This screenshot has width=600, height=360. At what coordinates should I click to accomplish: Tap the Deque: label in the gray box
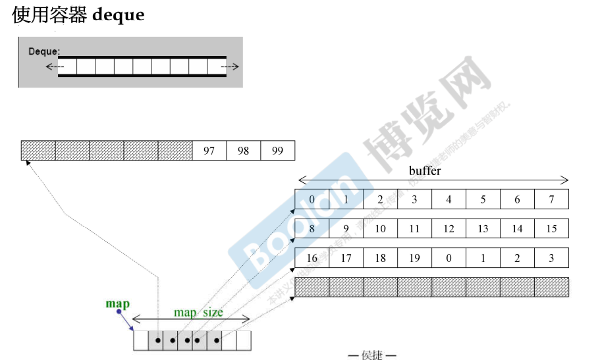[44, 51]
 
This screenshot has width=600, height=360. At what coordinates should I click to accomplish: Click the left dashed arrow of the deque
[55, 66]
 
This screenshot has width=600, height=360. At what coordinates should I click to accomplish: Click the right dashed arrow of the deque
[230, 66]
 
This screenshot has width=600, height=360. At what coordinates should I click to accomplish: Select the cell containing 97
[209, 151]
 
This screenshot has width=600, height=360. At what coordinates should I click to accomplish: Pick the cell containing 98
[243, 151]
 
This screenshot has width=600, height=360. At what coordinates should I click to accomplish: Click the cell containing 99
[277, 151]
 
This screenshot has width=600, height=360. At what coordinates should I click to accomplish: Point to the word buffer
[425, 171]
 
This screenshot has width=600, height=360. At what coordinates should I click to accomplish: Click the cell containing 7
[551, 199]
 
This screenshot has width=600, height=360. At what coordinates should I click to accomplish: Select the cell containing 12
[449, 228]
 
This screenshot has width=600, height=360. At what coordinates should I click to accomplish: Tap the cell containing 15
[551, 228]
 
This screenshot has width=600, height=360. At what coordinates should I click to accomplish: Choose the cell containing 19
[414, 258]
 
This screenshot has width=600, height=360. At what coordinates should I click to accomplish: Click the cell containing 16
[312, 258]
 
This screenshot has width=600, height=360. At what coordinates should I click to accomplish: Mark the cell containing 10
[380, 228]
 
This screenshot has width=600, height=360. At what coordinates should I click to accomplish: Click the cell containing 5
[483, 199]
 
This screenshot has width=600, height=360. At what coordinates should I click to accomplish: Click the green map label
[118, 304]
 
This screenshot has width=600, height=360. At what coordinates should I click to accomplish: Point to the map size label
[198, 312]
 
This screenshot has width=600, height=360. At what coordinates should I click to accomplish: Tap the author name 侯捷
[372, 355]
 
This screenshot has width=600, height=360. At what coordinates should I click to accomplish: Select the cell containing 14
[517, 228]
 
